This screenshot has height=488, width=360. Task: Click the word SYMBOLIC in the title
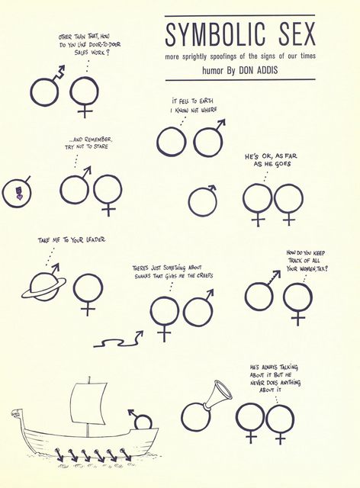(216, 34)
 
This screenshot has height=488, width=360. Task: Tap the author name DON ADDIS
(258, 70)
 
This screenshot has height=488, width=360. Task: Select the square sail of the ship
(88, 403)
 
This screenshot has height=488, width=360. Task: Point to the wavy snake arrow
(119, 340)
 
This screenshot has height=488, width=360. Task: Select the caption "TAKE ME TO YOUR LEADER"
(72, 240)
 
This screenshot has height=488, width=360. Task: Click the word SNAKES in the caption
(143, 276)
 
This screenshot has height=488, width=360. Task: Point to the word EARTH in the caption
(206, 101)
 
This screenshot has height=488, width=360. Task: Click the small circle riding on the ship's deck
(143, 423)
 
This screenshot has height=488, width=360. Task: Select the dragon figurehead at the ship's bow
(15, 413)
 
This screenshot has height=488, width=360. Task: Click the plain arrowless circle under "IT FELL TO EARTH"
(172, 141)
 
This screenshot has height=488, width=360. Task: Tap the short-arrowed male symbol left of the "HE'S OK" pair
(203, 200)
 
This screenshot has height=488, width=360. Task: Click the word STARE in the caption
(101, 146)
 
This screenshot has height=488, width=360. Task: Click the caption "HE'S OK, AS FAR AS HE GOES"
(271, 160)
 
